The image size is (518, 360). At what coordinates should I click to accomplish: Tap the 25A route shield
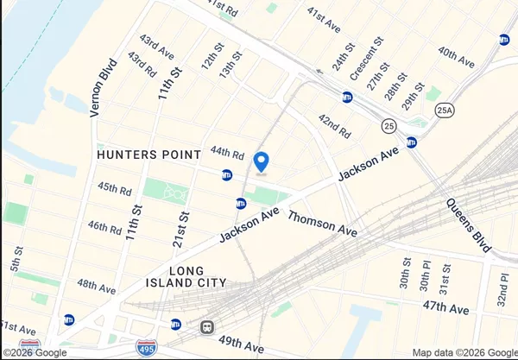point(445,111)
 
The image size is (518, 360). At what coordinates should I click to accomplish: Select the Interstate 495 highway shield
point(147,349)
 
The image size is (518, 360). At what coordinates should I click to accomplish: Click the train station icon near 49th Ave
point(207,327)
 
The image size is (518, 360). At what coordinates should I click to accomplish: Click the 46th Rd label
point(104,228)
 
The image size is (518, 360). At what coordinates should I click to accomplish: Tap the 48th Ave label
point(96,286)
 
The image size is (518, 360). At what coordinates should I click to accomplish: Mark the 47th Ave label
point(445,308)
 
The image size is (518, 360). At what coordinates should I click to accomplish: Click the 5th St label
point(16,256)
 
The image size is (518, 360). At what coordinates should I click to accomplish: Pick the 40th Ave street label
point(456,59)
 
